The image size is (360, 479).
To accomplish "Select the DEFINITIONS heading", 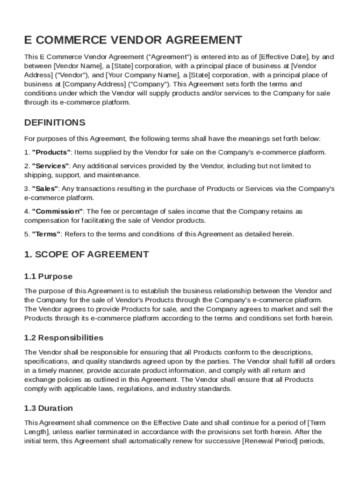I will [x=55, y=123].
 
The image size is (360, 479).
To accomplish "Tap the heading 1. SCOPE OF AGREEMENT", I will [x=86, y=254].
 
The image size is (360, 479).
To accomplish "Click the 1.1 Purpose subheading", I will [x=48, y=276].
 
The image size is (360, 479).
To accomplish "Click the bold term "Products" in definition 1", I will [x=51, y=152].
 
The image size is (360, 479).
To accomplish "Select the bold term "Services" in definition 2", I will [x=50, y=166].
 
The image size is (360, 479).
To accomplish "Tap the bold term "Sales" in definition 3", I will [x=45, y=189].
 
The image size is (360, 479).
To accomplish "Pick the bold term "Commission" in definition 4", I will [x=57, y=211].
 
